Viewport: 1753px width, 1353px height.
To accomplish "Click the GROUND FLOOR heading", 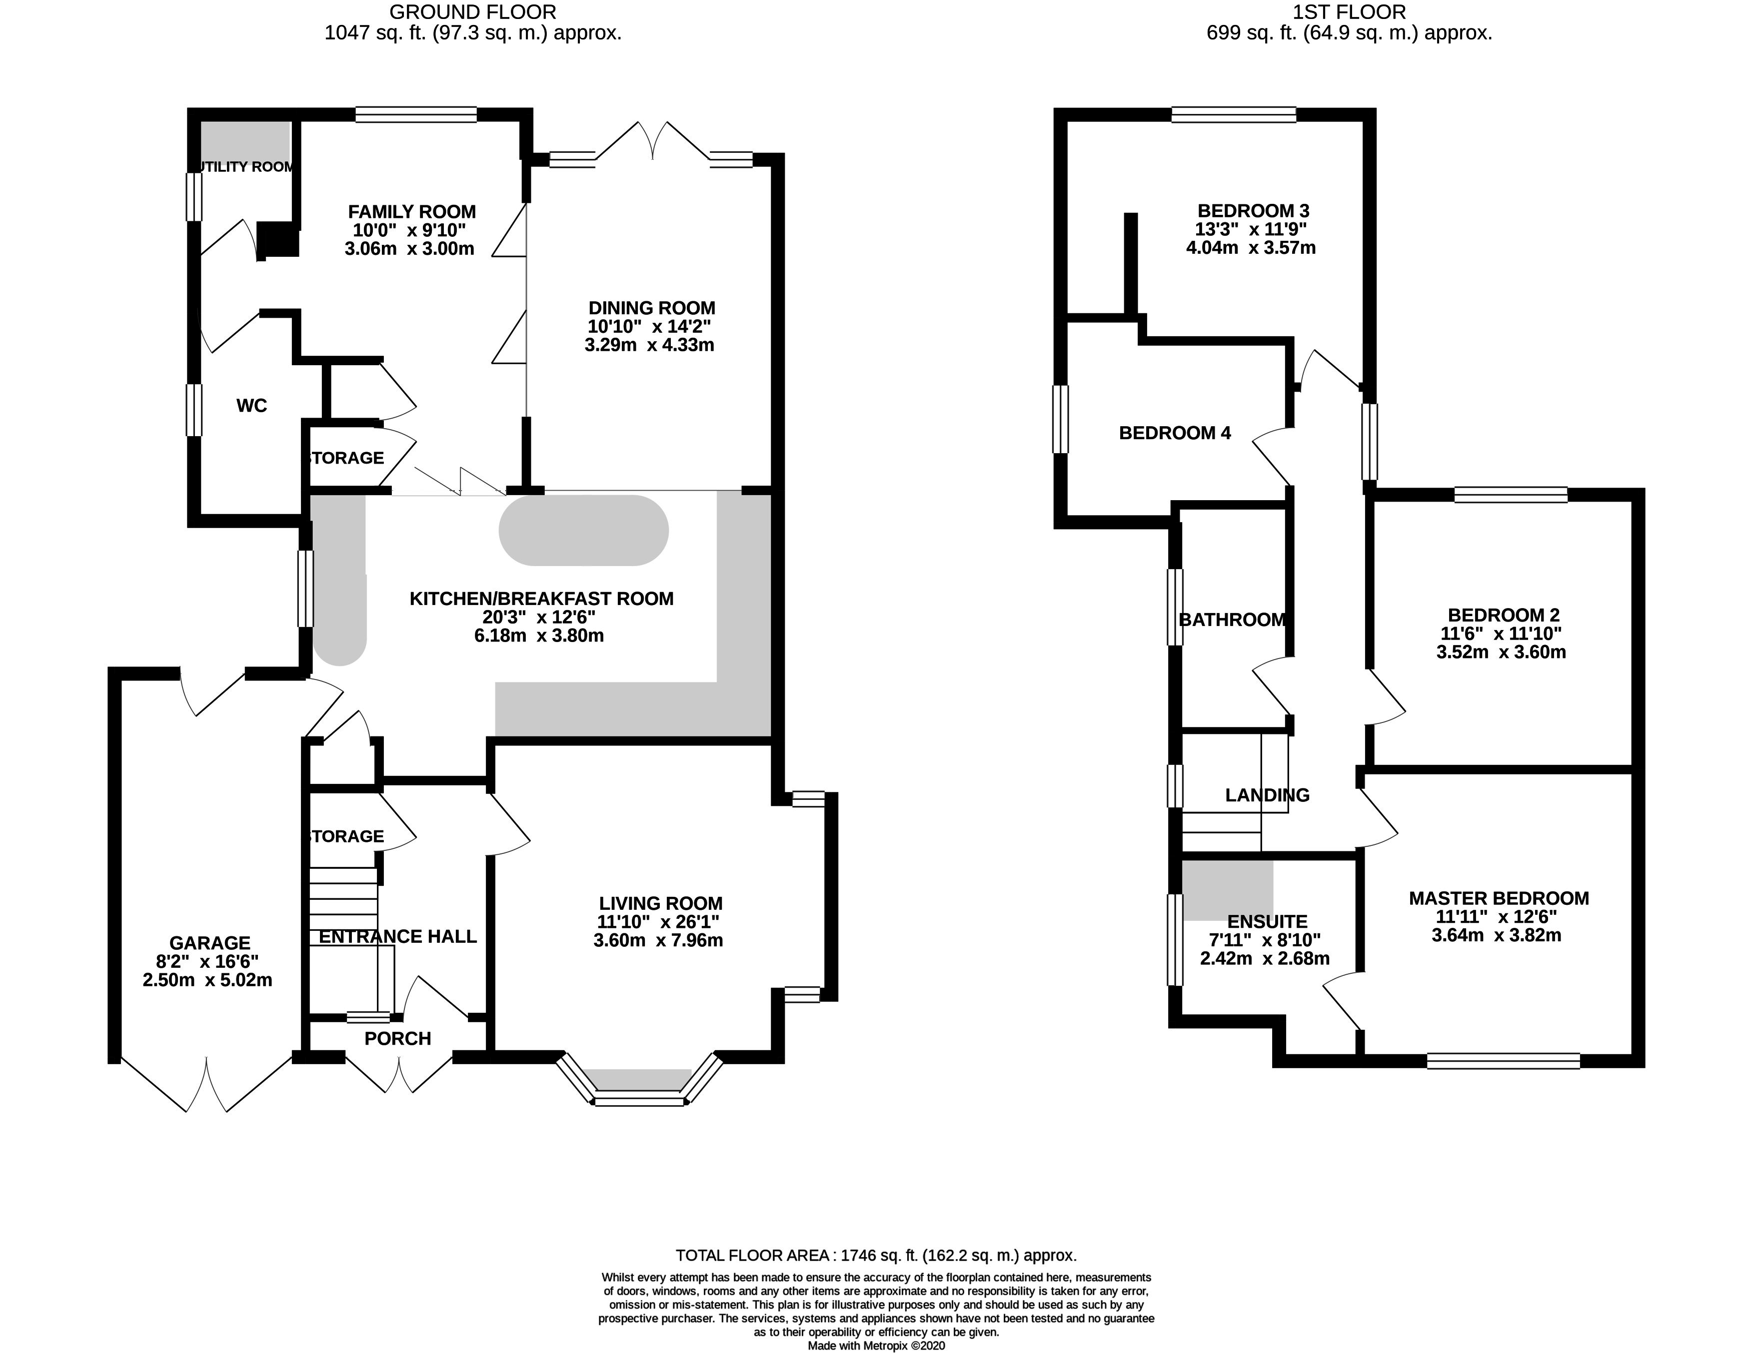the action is tap(473, 12).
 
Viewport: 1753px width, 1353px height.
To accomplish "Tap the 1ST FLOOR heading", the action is tap(1349, 12).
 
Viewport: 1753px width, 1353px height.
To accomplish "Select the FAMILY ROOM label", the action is tap(412, 212).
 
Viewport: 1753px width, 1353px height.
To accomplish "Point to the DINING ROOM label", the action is tap(652, 308).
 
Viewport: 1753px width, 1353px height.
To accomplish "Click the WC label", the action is tap(251, 406).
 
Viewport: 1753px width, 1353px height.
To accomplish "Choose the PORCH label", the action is tap(397, 1039).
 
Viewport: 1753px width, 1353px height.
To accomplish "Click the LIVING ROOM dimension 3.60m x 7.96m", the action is tap(658, 940).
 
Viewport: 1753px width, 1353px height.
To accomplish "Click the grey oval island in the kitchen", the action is tap(583, 531).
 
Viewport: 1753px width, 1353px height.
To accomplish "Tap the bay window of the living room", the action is tap(640, 1079).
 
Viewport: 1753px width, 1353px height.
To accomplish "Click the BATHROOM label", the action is tap(1232, 621).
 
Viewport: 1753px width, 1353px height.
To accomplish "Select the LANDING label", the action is tap(1268, 795).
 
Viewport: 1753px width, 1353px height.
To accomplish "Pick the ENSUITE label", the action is tap(1268, 922).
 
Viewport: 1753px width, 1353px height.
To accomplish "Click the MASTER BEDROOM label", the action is tap(1499, 899).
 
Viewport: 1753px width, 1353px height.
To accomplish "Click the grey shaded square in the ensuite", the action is tap(1227, 891).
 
